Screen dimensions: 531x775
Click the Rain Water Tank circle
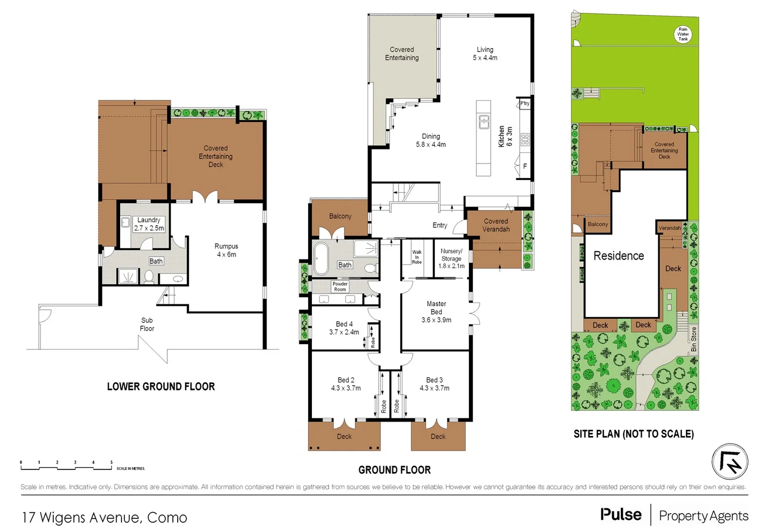point(682,34)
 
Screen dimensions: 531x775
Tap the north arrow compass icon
point(730,462)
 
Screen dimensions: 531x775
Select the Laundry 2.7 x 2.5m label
point(149,224)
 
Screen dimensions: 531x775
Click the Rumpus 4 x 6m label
point(226,250)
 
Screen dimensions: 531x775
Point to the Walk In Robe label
point(417,257)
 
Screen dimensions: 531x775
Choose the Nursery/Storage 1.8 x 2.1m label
point(451,258)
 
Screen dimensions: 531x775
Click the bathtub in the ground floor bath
point(321,258)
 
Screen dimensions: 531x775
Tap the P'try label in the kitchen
point(525,103)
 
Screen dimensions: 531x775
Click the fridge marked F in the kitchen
point(525,166)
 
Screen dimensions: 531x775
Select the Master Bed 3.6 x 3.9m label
point(436,312)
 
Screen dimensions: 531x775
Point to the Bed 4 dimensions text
point(344,332)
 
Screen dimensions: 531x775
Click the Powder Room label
point(340,287)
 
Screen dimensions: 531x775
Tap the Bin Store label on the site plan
point(693,339)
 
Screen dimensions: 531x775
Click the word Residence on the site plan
point(619,256)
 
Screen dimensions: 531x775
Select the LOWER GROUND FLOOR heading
point(161,386)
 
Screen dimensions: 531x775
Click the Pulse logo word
point(620,515)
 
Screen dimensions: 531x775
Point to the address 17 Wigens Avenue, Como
point(104,518)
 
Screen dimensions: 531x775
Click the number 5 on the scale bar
point(111,462)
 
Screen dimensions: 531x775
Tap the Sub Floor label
point(147,324)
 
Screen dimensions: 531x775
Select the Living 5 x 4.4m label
point(485,54)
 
